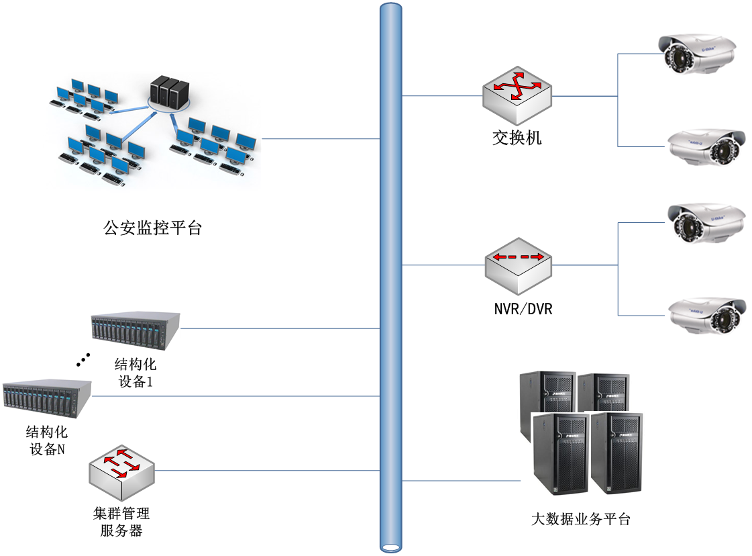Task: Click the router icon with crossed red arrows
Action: pos(517,95)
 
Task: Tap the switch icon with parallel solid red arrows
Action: pos(121,471)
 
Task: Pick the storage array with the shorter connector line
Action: pos(136,330)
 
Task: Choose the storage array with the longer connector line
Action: pos(47,399)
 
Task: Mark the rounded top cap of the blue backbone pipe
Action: pos(390,9)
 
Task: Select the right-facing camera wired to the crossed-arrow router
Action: pos(706,146)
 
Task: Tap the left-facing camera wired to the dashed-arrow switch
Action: pos(706,222)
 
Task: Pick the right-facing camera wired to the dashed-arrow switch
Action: pos(706,315)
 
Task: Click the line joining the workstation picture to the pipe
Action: pos(320,139)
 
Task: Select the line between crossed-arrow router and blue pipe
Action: pos(442,96)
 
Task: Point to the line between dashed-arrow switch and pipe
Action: pos(443,265)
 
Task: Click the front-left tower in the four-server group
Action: pos(560,455)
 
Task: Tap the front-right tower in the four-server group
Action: pos(617,453)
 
